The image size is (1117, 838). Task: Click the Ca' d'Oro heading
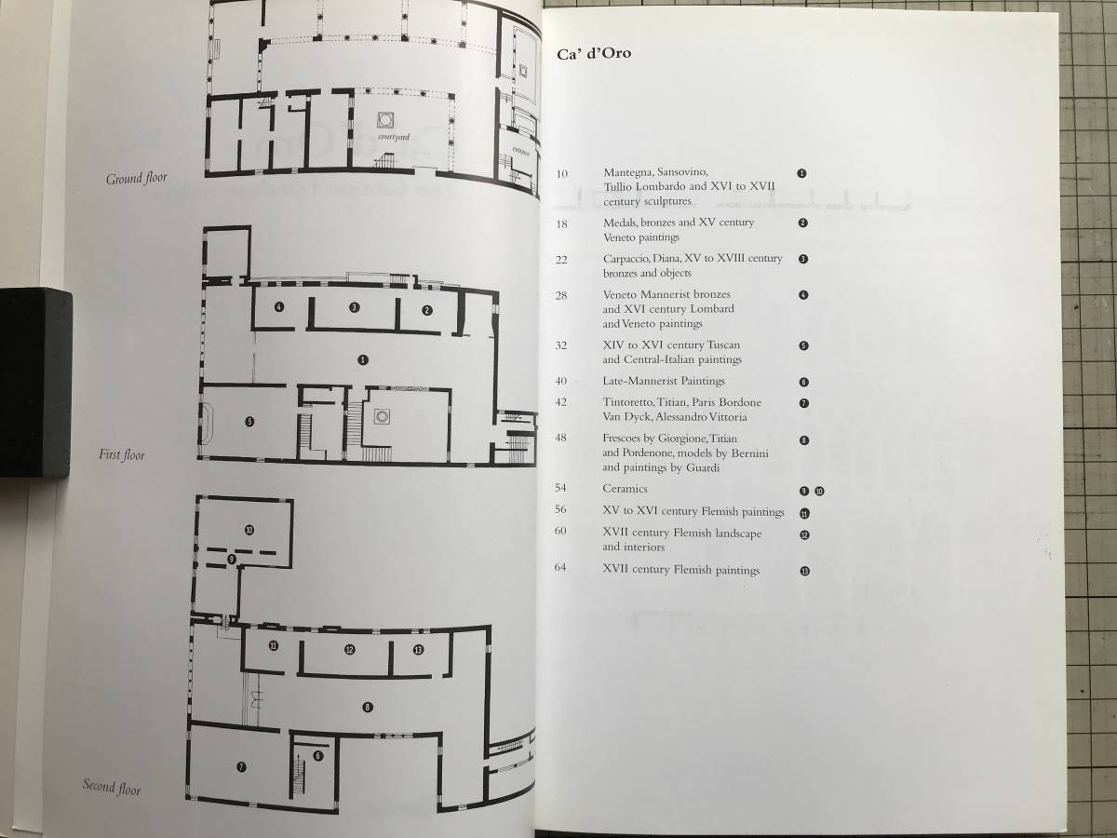[594, 53]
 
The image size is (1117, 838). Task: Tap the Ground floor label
[137, 178]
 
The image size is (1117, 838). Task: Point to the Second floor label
[112, 787]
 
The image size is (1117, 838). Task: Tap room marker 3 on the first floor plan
[354, 307]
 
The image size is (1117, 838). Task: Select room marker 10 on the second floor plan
[249, 530]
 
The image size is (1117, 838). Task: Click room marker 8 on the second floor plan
[369, 708]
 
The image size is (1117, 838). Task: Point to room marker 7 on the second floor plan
[241, 767]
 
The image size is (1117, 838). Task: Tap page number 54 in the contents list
[561, 488]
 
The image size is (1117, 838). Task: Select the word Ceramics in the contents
[625, 488]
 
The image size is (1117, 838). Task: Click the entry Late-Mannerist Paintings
[663, 381]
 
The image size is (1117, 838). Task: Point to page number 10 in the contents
[561, 172]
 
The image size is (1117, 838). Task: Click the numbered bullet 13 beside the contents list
[804, 570]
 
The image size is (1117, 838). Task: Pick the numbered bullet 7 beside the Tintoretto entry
[803, 403]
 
